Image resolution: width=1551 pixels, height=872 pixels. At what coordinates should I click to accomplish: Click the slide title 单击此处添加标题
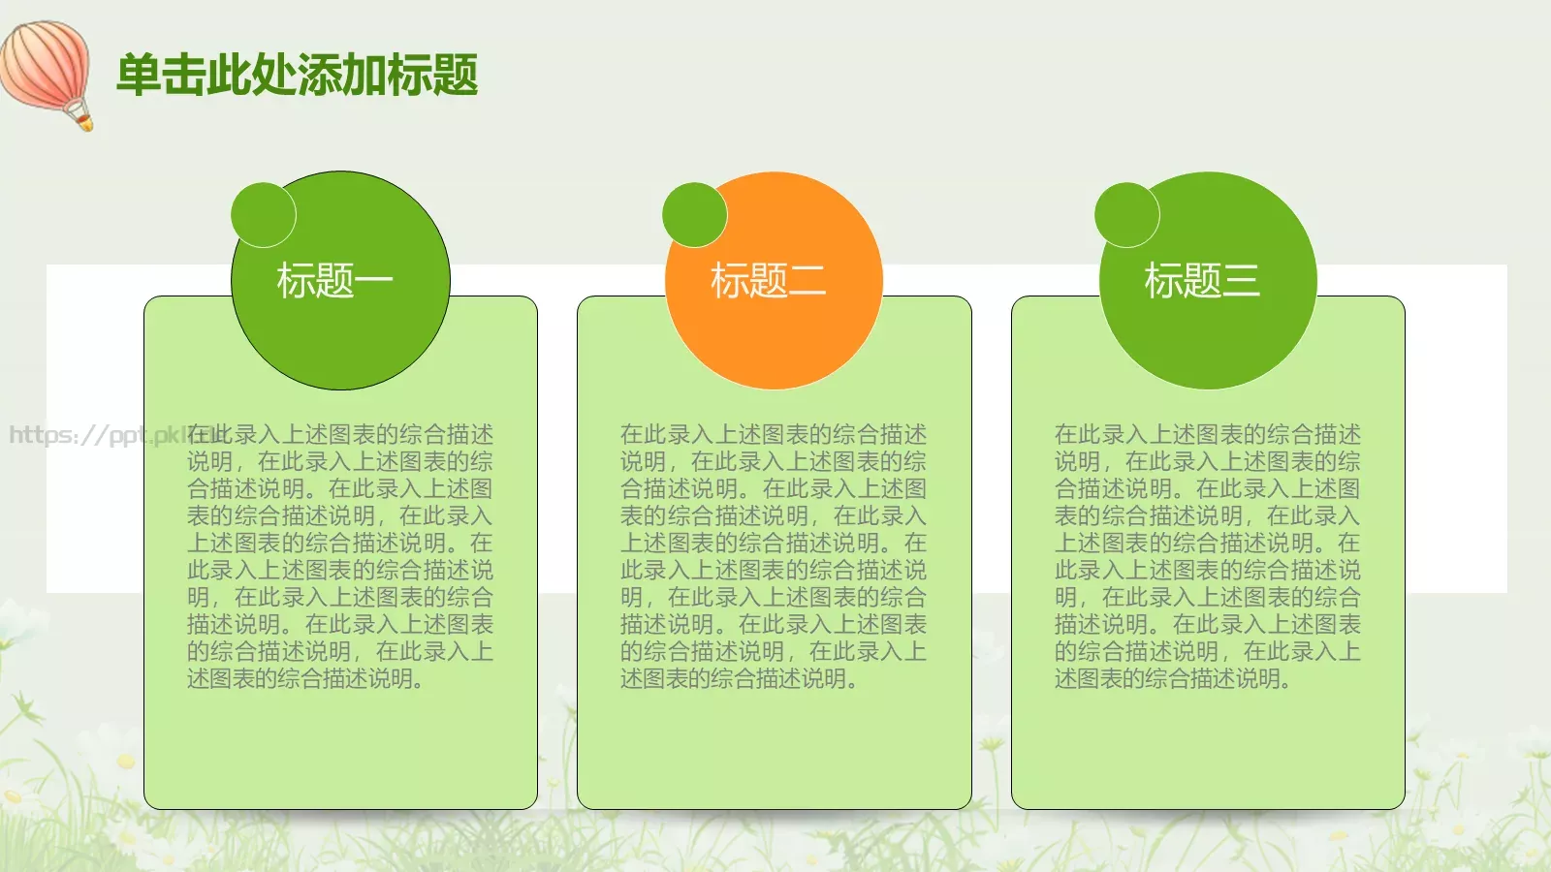point(297,76)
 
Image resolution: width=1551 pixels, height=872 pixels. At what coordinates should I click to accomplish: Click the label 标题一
point(334,281)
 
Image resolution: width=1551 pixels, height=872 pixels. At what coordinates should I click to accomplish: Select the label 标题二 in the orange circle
point(768,281)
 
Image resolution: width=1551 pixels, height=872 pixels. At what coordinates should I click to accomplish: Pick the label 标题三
point(1202,281)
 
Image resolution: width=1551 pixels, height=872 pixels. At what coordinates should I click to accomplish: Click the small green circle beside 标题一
point(264,214)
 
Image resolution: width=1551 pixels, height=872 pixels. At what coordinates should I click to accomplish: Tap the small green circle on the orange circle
point(695,214)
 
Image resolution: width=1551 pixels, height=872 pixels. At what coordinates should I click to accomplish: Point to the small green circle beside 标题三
point(1127,214)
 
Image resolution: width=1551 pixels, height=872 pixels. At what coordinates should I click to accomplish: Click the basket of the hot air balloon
point(84,121)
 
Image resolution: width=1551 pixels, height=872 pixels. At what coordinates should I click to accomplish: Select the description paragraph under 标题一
point(339,556)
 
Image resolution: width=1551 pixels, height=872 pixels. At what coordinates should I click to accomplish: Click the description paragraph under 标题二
point(773,556)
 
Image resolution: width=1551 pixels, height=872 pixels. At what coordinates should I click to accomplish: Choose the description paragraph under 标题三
point(1207,556)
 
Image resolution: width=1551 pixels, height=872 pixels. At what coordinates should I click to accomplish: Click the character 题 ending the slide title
point(455,76)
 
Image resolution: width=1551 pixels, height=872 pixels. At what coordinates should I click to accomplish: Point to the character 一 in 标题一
point(373,281)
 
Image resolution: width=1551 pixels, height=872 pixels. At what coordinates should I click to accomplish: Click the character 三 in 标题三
point(1241,282)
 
